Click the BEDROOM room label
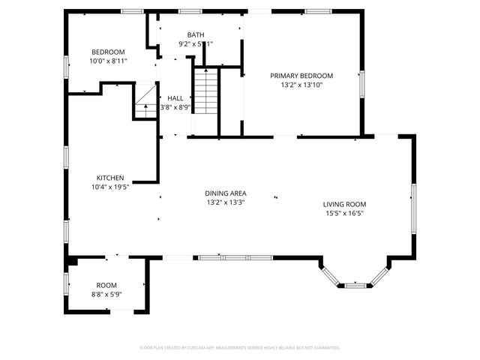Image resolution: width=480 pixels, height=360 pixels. pos(107,52)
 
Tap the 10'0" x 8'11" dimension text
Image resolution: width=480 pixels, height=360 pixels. pos(107,61)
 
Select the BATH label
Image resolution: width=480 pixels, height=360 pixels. pos(196,34)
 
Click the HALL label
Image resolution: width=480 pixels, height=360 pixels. pos(175,98)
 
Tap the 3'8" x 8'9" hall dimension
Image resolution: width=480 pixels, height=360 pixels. pos(175,107)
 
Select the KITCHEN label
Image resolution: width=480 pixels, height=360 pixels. pos(109,178)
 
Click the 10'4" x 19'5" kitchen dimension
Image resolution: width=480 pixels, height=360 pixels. pos(109,187)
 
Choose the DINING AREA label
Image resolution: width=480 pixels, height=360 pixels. pos(226,193)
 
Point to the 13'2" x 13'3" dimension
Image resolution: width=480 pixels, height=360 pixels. pos(226,202)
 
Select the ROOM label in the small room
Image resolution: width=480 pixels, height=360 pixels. pos(106,285)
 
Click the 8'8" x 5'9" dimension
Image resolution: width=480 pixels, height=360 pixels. pos(106,294)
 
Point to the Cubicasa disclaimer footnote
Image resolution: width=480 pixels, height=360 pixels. pos(240,348)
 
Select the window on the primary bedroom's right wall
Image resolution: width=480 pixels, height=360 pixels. pos(361,83)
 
